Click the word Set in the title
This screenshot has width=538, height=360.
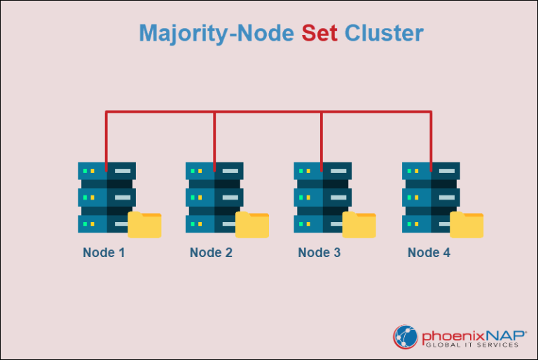tap(319, 33)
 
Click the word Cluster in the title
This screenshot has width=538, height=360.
tap(384, 33)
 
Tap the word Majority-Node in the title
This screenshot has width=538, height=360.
tap(217, 33)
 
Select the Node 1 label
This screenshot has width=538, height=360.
tap(104, 253)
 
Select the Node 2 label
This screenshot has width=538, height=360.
tap(211, 253)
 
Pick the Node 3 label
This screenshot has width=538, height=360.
tap(319, 253)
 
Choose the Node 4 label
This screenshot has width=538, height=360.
tap(429, 253)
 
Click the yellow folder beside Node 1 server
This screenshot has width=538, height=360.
tap(145, 225)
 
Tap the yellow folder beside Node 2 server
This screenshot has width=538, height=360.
tap(252, 225)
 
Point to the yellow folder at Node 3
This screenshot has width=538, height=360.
tap(359, 225)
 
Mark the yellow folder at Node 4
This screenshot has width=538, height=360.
tap(467, 225)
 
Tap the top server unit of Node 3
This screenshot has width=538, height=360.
tap(322, 171)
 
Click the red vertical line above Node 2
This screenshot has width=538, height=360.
tap(214, 137)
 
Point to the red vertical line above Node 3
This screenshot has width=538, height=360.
tap(322, 137)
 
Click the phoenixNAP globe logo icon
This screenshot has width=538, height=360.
tap(406, 336)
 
